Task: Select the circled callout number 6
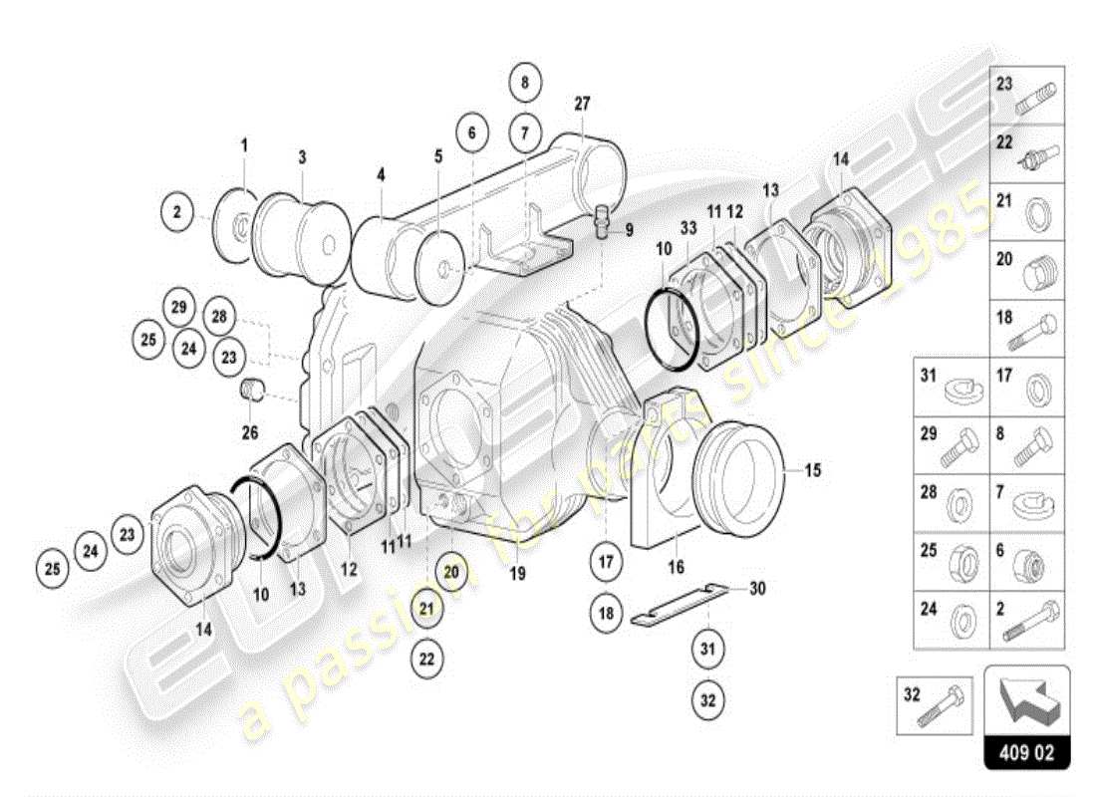pyautogui.click(x=472, y=131)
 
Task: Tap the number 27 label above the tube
pyautogui.click(x=583, y=103)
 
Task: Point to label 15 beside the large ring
pyautogui.click(x=813, y=470)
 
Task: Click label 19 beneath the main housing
pyautogui.click(x=516, y=573)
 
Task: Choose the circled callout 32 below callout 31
pyautogui.click(x=707, y=699)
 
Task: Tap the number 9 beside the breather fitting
pyautogui.click(x=630, y=230)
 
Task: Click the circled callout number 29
pyautogui.click(x=178, y=307)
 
